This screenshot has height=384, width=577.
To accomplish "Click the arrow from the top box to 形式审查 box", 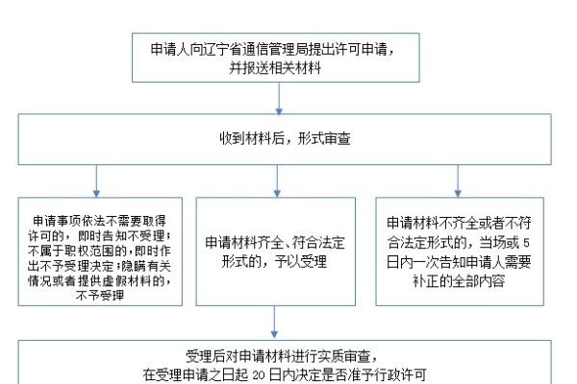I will click(279, 97).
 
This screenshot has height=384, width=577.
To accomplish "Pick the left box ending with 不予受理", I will click(99, 252).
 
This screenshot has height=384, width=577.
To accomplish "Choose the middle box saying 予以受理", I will click(277, 252).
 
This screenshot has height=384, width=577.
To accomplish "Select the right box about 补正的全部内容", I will click(456, 252).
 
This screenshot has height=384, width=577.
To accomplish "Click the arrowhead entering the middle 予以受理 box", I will click(278, 191).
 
